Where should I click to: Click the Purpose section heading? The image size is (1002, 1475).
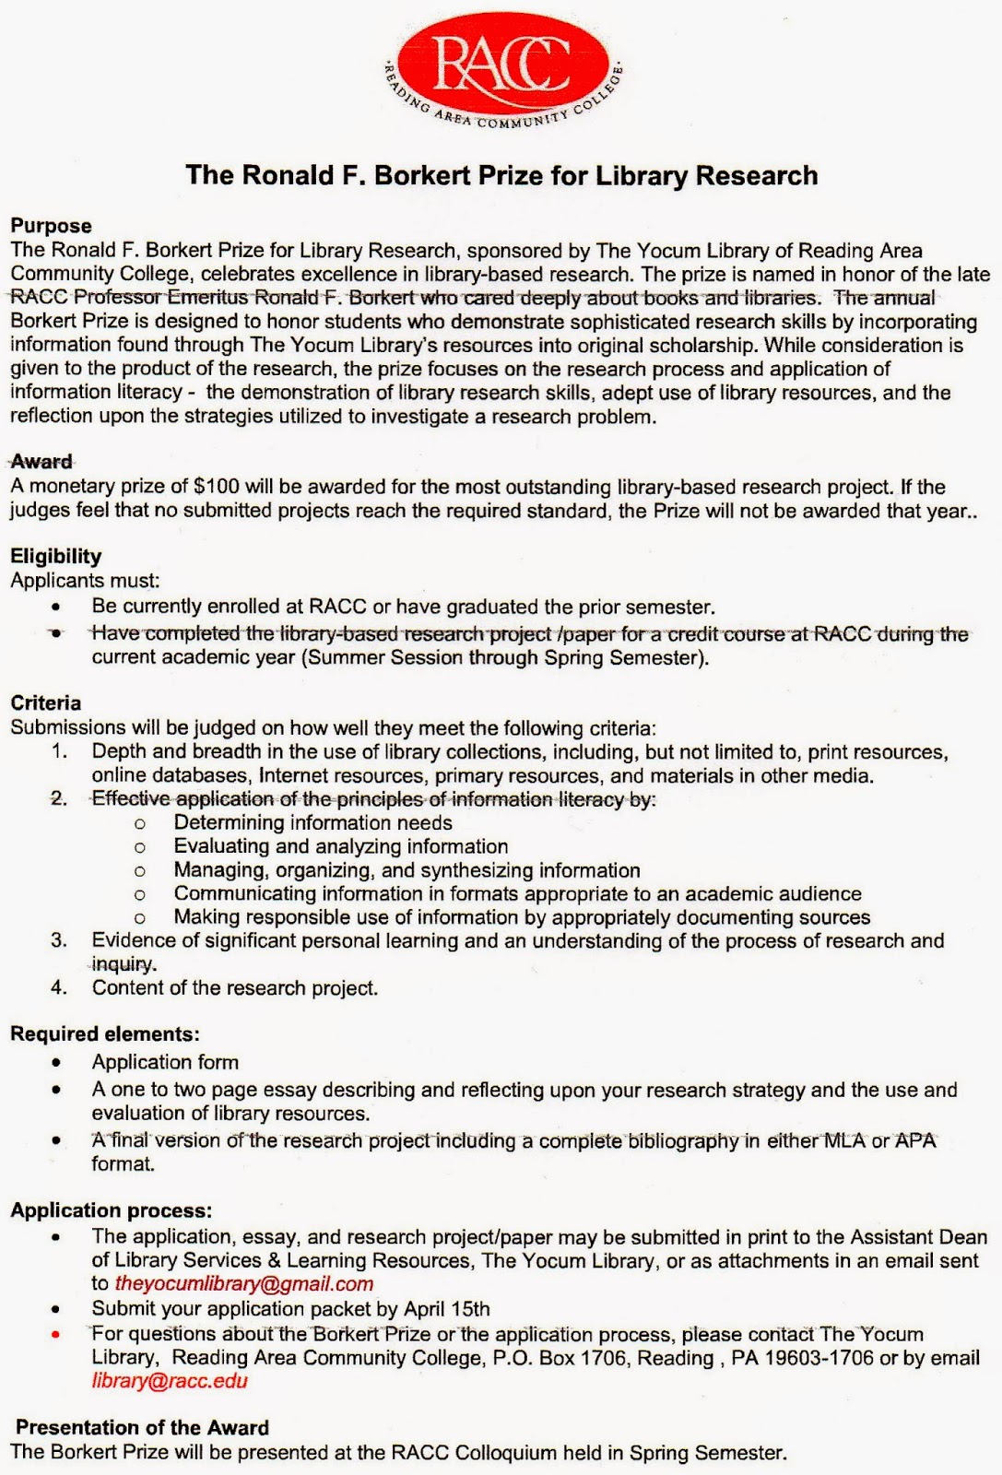pos(51,226)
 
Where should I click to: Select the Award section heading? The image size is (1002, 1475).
pos(41,462)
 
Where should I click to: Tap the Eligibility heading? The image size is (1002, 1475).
pos(55,556)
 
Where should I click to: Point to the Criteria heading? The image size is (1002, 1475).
pos(46,703)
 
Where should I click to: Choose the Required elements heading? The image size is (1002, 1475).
pos(105,1034)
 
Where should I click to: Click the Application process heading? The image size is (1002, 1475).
pos(111,1210)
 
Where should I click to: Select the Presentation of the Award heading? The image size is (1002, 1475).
pos(143,1428)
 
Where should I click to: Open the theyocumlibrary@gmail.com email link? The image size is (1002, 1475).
pos(244,1284)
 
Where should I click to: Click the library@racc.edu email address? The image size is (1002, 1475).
pos(170,1381)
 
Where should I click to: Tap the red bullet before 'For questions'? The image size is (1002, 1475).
pos(57,1334)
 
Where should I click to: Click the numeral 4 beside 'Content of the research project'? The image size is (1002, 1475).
pos(59,988)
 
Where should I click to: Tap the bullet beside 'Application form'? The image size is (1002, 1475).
pos(57,1063)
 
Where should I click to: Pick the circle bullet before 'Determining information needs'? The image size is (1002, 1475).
pos(140,823)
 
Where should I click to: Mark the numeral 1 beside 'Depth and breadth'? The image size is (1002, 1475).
pos(59,752)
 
